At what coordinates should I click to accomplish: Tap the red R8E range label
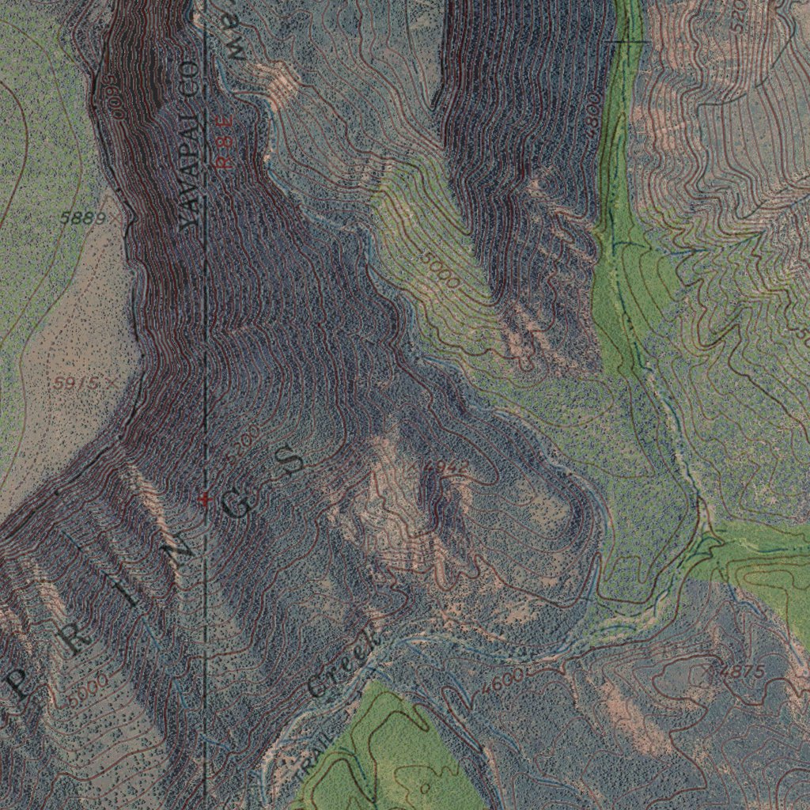[225, 140]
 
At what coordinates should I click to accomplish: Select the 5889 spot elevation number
[82, 218]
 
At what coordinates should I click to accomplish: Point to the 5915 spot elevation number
[77, 383]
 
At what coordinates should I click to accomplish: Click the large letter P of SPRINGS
[21, 682]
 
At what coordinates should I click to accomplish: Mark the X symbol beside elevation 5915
[110, 383]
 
